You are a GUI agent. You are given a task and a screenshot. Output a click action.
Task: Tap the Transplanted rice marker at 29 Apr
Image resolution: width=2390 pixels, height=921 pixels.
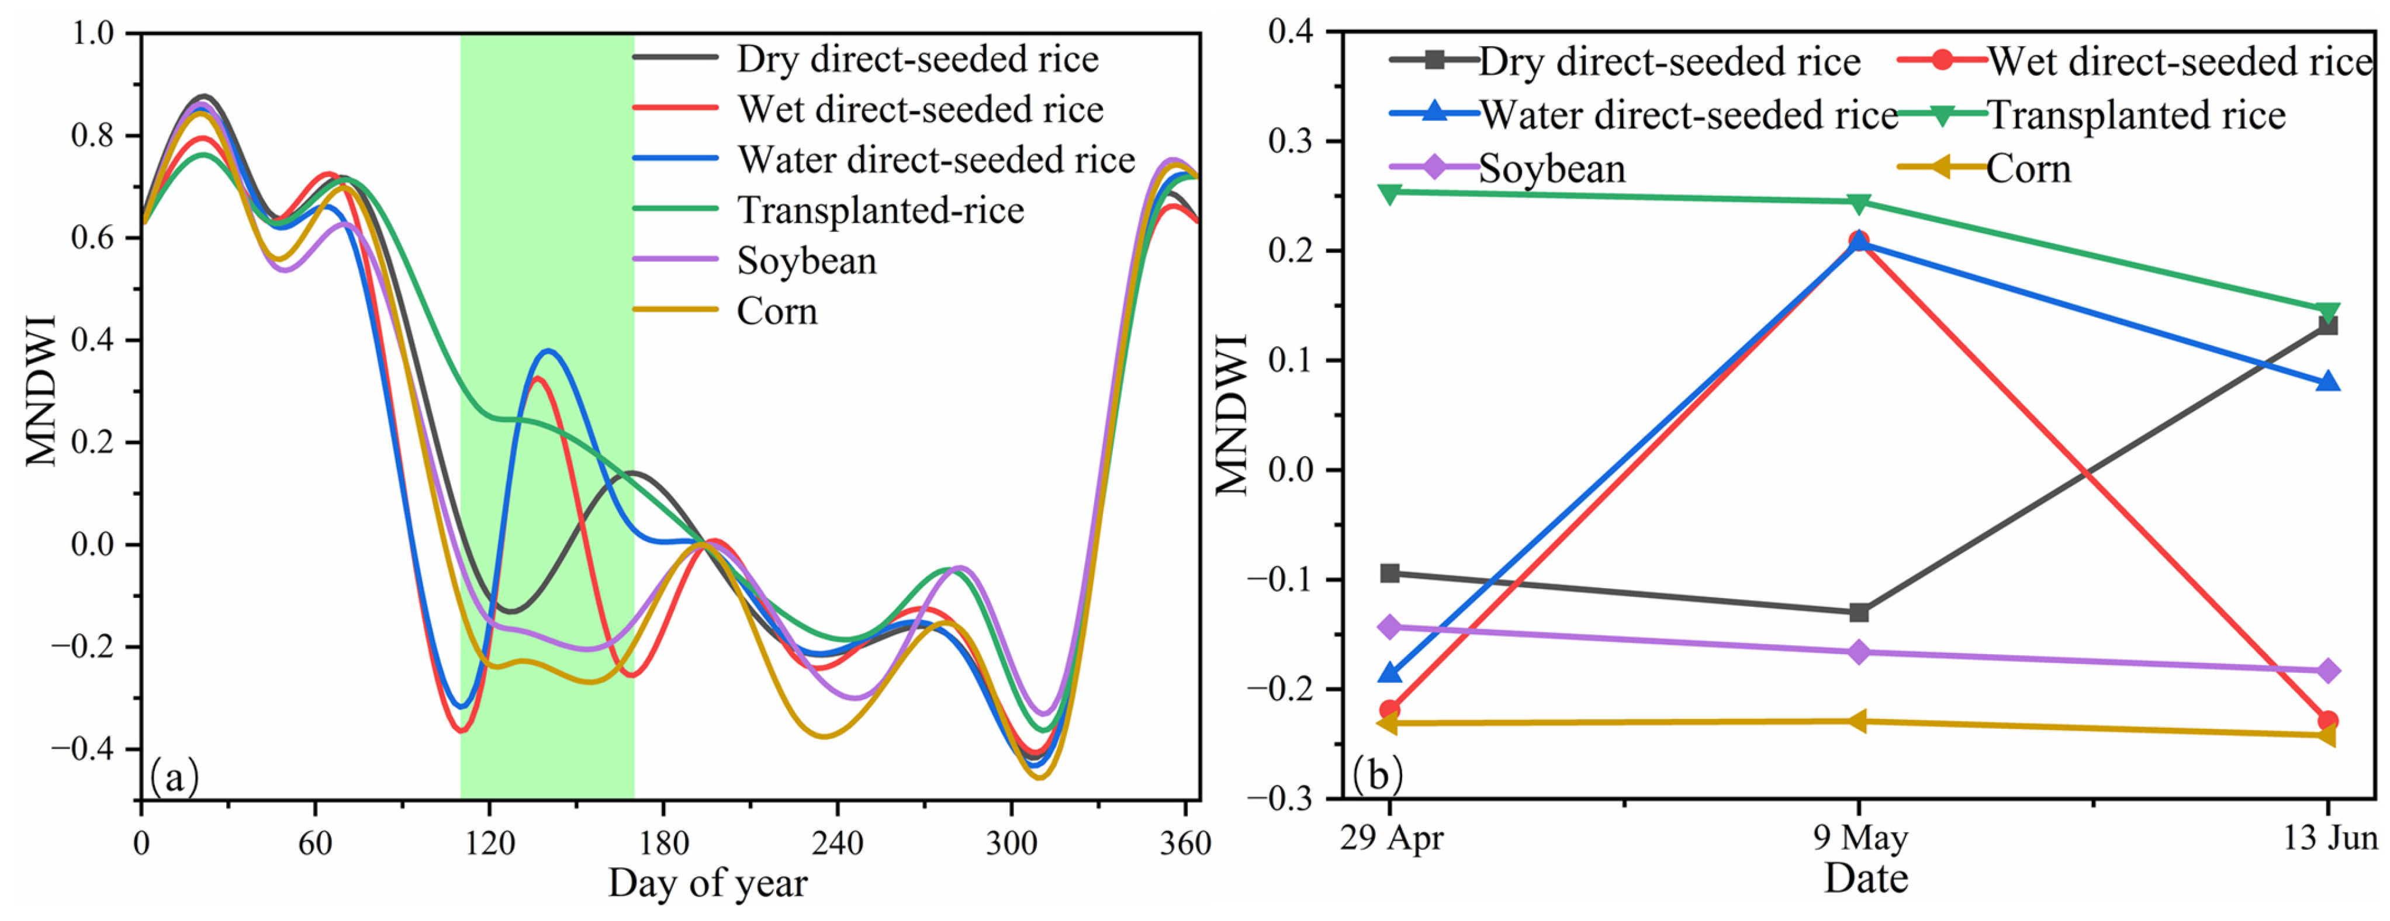point(1389,193)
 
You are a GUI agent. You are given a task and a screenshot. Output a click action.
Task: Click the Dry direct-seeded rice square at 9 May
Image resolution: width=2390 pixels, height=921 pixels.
point(1858,612)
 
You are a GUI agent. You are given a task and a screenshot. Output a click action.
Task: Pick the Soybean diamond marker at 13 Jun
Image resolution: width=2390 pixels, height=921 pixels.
point(2327,670)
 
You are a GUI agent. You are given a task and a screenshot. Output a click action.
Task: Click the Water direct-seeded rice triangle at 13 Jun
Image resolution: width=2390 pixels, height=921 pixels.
point(2327,382)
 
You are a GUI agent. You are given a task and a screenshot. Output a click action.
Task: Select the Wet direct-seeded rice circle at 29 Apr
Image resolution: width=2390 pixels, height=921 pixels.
point(1389,710)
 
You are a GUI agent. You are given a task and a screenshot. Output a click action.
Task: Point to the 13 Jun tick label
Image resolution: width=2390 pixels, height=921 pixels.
point(2329,839)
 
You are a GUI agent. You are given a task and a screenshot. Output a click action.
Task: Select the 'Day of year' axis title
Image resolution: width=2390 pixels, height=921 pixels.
point(707,884)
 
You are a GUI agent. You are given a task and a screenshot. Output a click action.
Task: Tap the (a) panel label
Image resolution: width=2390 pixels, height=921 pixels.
point(174,777)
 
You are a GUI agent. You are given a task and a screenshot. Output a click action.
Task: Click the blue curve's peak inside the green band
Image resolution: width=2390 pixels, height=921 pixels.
point(549,350)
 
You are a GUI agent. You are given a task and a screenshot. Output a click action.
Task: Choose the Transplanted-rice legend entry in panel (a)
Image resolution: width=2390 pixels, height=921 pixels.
point(880,211)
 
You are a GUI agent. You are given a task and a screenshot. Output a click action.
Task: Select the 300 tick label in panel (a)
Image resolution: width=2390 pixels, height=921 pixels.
point(1011,844)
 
